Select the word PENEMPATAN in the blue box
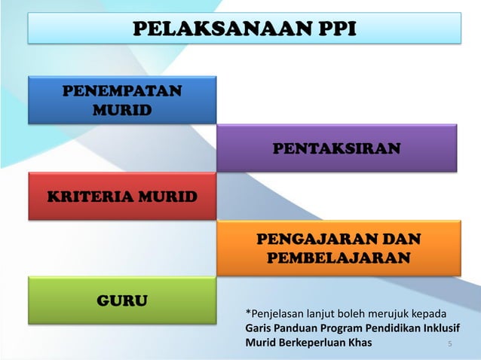[121, 92]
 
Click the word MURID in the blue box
[121, 111]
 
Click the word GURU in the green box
[122, 302]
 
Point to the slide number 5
[449, 345]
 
